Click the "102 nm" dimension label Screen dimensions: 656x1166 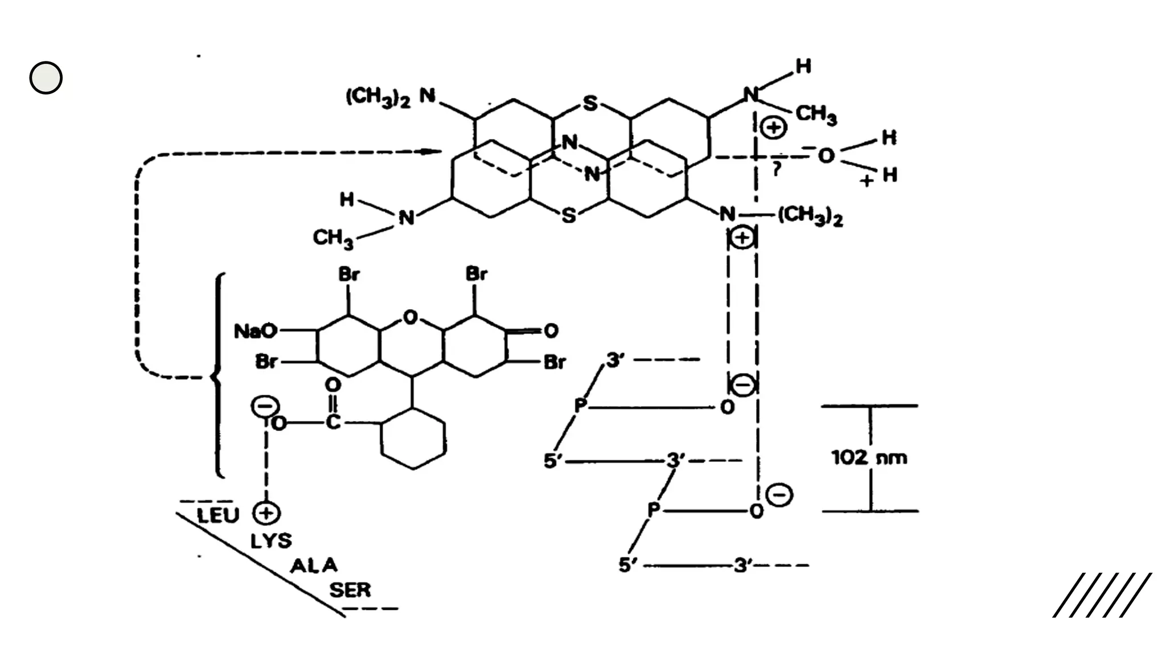(869, 457)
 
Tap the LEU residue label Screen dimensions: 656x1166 (217, 515)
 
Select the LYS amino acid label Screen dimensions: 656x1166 (271, 540)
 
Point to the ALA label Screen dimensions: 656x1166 (314, 565)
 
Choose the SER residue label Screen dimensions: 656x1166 (350, 590)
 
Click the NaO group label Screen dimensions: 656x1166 (256, 331)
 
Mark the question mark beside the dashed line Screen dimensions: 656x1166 (776, 169)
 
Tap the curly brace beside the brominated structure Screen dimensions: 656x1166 (217, 376)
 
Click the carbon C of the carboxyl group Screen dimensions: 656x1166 (332, 423)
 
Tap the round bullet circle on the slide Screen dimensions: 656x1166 (46, 77)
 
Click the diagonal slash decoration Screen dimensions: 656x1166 (1102, 595)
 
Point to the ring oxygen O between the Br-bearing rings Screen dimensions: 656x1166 (410, 317)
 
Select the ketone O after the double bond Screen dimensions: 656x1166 (551, 331)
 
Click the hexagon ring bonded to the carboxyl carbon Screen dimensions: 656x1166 (413, 438)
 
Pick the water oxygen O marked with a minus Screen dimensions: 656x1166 (825, 155)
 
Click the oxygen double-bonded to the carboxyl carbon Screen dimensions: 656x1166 (332, 385)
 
